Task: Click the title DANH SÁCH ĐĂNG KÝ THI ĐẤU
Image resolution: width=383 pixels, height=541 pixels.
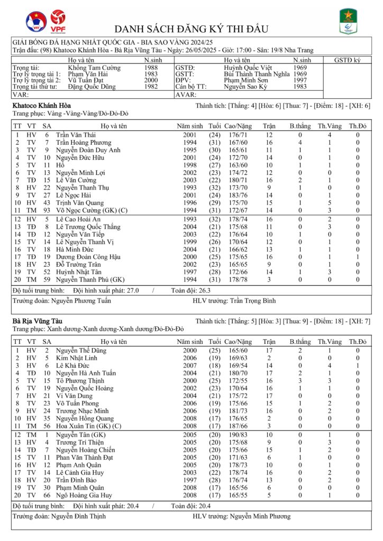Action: click(x=191, y=29)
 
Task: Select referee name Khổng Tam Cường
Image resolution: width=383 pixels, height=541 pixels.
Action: click(x=94, y=68)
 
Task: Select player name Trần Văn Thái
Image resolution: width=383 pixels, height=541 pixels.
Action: click(x=76, y=135)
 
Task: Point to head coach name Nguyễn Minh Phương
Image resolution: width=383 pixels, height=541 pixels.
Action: click(x=264, y=516)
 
